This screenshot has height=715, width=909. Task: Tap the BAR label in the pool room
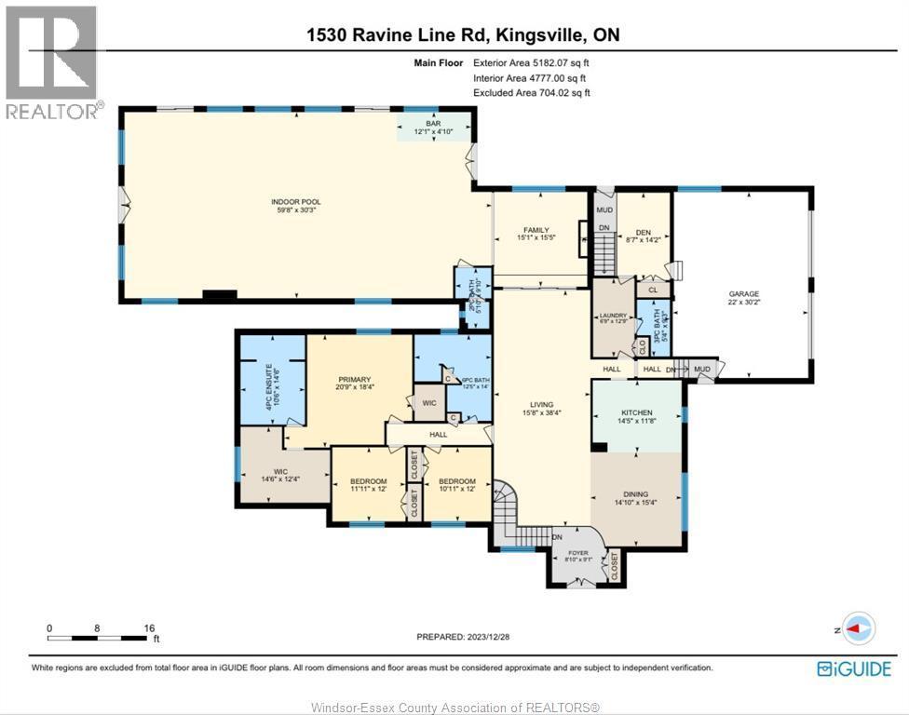[432, 122]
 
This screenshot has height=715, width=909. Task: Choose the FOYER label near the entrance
[578, 552]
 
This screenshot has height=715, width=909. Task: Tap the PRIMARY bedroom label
[355, 380]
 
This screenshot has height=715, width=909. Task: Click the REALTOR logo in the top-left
[52, 63]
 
